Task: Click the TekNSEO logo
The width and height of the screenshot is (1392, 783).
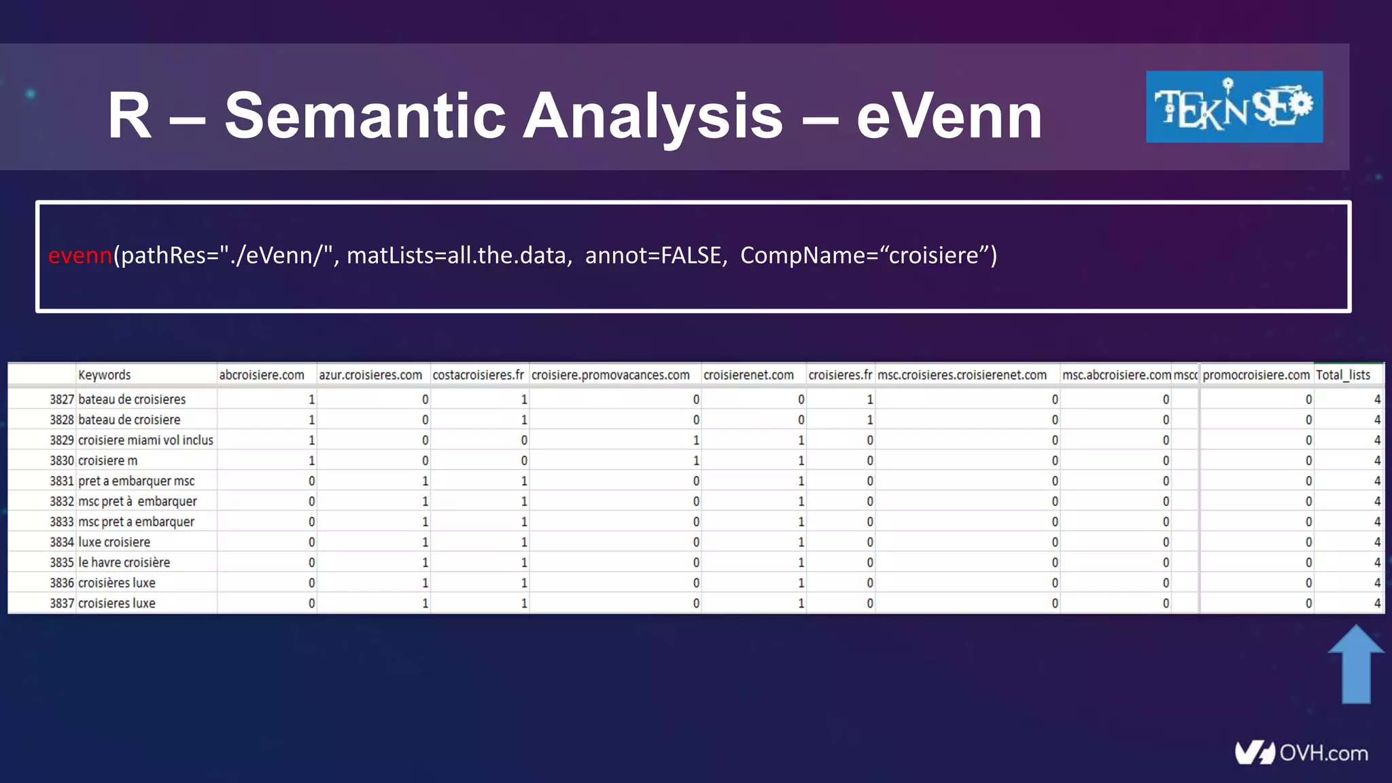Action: [x=1234, y=107]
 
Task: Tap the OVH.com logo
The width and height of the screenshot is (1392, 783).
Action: [x=1301, y=752]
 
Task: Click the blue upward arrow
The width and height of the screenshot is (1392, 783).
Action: [x=1356, y=664]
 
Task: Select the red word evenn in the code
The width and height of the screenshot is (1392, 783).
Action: [x=80, y=256]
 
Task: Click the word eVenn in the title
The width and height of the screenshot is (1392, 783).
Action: [x=949, y=116]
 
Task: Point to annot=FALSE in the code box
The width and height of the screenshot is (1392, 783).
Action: [x=652, y=256]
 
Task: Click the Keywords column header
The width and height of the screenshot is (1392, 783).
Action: [x=104, y=375]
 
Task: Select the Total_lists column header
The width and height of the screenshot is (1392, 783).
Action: [x=1342, y=375]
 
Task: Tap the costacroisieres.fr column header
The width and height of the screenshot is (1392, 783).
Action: [x=478, y=375]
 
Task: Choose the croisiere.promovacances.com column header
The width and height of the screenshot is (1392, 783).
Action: [x=610, y=375]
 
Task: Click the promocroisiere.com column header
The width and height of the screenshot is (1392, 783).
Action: [x=1255, y=375]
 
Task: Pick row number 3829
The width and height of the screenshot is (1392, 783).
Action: [x=61, y=440]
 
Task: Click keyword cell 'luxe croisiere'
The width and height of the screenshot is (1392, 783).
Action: [x=114, y=542]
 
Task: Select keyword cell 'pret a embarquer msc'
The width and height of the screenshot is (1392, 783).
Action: [x=136, y=481]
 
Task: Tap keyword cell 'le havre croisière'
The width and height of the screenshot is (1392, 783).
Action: [x=124, y=563]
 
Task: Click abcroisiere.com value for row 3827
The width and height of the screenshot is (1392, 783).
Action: [x=311, y=400]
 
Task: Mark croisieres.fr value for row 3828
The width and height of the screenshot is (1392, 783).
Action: [x=869, y=420]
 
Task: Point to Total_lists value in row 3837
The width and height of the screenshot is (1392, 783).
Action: [x=1377, y=604]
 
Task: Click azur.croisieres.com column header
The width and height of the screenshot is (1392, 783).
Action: [x=370, y=375]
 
